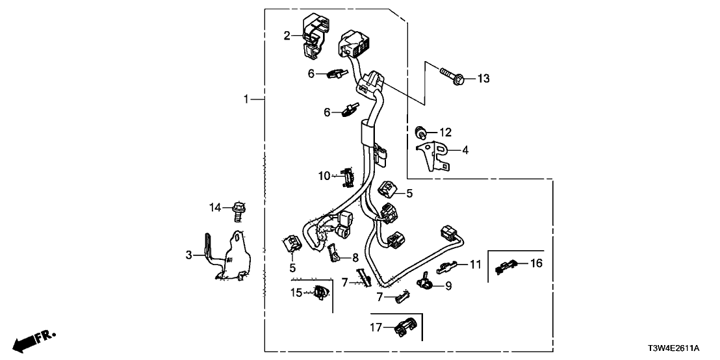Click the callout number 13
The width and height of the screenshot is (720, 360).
point(483,79)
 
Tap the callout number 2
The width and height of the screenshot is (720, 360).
point(287,35)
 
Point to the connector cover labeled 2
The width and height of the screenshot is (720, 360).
point(315,37)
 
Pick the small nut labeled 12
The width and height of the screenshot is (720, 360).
point(420,133)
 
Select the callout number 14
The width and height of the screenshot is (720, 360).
point(215,207)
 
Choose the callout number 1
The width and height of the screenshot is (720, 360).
point(246,99)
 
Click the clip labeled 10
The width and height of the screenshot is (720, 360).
point(347,176)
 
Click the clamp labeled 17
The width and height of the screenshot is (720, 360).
point(404,328)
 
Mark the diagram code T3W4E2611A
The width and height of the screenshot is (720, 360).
point(685,348)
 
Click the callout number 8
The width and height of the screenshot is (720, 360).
point(355,257)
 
